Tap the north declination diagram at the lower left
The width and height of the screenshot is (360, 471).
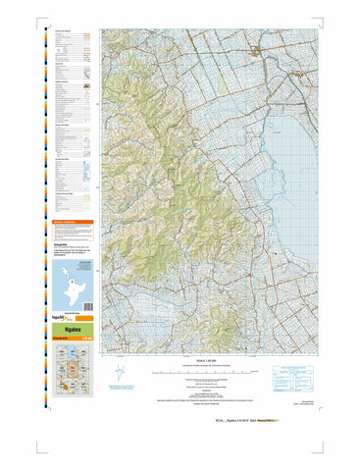coord(121,375)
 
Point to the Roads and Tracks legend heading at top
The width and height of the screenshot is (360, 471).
coord(61,31)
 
